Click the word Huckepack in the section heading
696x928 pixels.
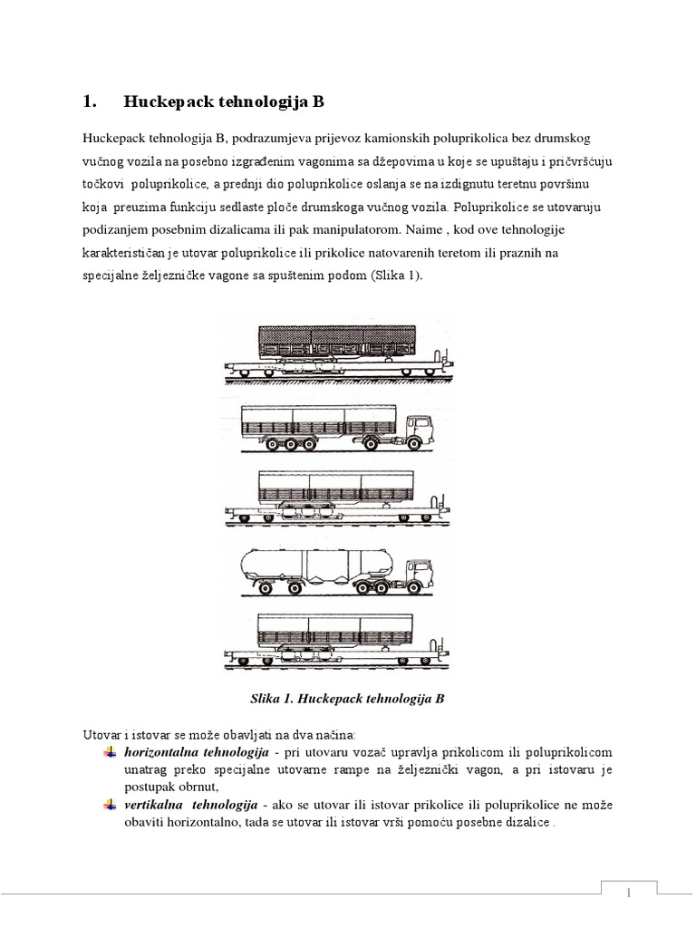167,102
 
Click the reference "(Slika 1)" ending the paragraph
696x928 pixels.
395,277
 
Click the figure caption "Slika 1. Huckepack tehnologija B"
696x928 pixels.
348,699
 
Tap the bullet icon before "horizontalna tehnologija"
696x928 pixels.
110,753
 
